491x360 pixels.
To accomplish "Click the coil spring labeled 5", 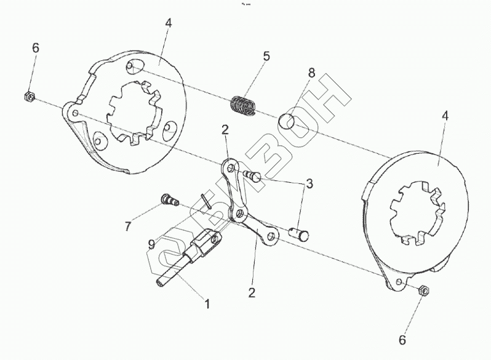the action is pos(244,105).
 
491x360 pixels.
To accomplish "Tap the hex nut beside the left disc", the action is pos(28,96).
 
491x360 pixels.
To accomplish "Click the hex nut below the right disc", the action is pos(423,290).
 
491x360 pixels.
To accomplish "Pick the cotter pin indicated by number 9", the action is pos(206,201).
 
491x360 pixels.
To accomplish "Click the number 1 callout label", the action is pos(207,303).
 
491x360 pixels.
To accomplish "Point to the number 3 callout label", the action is pos(309,183).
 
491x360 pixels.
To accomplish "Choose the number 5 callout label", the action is pos(266,56).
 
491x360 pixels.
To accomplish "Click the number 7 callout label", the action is pos(127,226).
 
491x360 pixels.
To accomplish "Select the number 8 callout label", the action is pos(311,73).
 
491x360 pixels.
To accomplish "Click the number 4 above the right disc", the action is pos(444,115).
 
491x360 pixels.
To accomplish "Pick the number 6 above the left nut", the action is pos(36,49).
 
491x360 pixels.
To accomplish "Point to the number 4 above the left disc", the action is pos(168,23).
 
